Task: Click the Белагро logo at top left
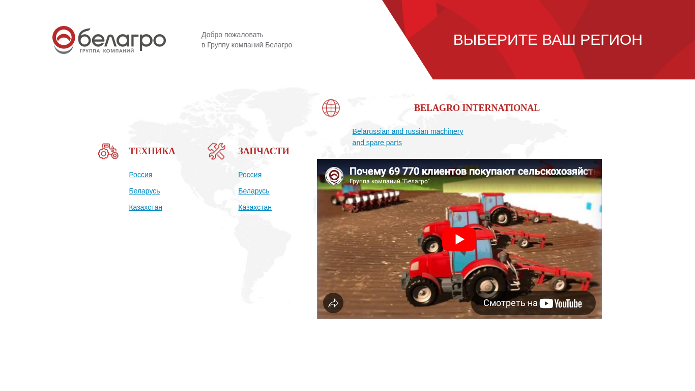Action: point(109,40)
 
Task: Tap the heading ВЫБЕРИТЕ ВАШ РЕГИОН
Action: point(547,40)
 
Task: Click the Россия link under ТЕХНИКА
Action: point(140,175)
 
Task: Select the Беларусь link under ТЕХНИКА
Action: point(144,191)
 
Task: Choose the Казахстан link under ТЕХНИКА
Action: point(146,207)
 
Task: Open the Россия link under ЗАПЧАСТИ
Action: point(250,175)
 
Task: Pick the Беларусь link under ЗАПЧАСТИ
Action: point(254,191)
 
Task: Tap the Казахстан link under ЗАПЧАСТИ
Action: point(255,207)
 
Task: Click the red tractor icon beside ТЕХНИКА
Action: point(108,151)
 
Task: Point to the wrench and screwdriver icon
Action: point(217,151)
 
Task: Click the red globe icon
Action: point(331,108)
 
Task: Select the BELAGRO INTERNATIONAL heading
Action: point(477,108)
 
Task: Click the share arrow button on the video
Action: point(333,303)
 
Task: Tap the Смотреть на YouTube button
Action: point(533,303)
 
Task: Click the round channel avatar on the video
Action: point(334,176)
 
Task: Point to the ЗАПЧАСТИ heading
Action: point(264,151)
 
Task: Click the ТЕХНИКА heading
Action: point(152,151)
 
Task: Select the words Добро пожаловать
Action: point(233,35)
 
